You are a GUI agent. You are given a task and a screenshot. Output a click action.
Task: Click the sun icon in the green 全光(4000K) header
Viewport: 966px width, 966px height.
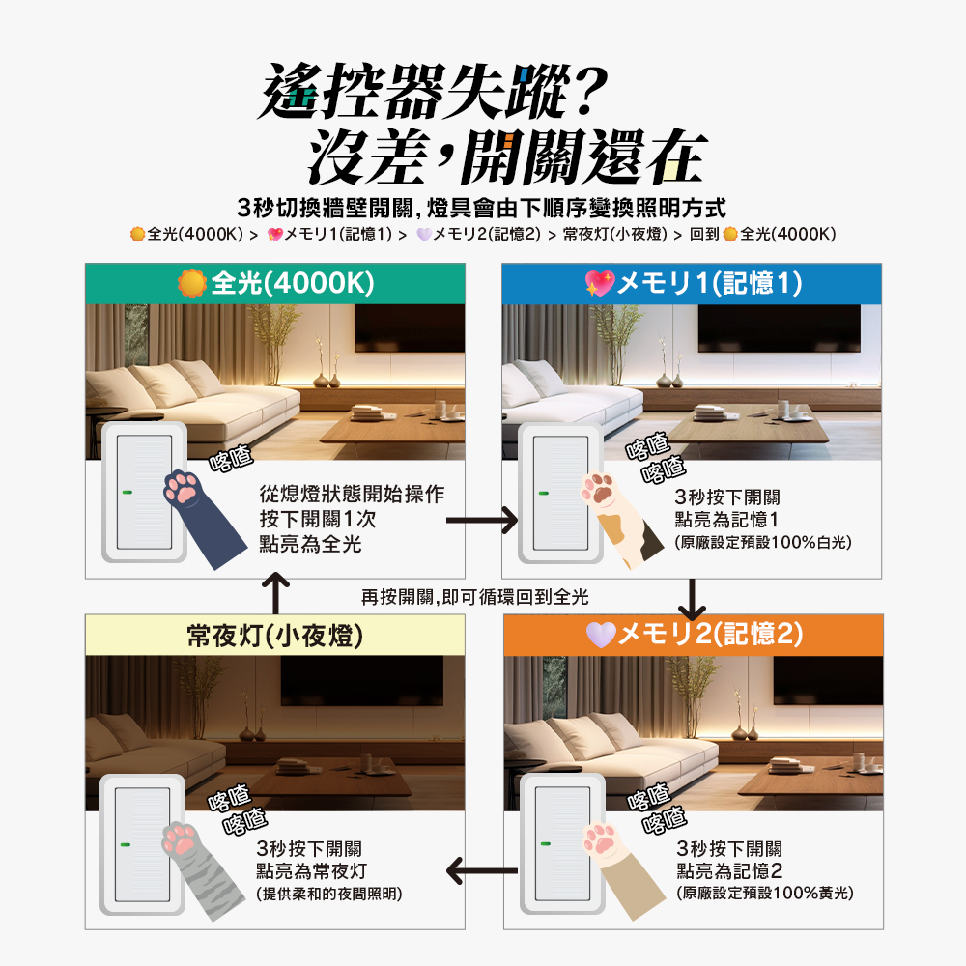[x=191, y=283]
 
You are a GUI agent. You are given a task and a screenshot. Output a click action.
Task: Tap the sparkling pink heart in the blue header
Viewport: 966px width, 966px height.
[x=600, y=283]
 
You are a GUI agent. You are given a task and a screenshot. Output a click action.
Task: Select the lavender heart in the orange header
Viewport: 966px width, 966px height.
[x=601, y=635]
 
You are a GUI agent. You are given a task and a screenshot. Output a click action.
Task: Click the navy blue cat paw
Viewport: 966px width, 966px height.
[x=202, y=518]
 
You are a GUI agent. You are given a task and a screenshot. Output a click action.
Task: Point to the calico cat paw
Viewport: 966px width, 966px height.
[x=619, y=519]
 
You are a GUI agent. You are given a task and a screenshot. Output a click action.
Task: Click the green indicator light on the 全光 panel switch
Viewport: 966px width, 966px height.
[x=128, y=493]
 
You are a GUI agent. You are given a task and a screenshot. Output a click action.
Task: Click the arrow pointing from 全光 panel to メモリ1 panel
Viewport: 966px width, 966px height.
[x=482, y=521]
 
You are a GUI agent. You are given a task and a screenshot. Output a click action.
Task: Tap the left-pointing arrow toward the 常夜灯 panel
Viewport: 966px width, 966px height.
[x=482, y=871]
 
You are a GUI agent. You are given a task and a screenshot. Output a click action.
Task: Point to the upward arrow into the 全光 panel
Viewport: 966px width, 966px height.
[x=276, y=593]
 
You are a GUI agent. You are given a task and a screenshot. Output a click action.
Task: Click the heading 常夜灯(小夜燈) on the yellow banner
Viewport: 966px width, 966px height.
[x=274, y=636]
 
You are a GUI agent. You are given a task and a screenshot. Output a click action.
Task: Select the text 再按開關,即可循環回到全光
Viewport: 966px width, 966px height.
[x=475, y=597]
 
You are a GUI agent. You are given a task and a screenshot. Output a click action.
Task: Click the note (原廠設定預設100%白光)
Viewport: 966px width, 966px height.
[x=763, y=542]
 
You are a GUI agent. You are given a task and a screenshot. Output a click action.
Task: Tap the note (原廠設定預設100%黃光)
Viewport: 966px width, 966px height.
[x=765, y=894]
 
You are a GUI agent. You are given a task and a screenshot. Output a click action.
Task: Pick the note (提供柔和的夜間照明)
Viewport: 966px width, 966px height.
[x=329, y=894]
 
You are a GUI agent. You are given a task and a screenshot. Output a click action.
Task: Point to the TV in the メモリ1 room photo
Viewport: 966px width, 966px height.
[x=779, y=328]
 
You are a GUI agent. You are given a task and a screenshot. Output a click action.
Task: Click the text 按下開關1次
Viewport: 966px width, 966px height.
[x=318, y=519]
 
